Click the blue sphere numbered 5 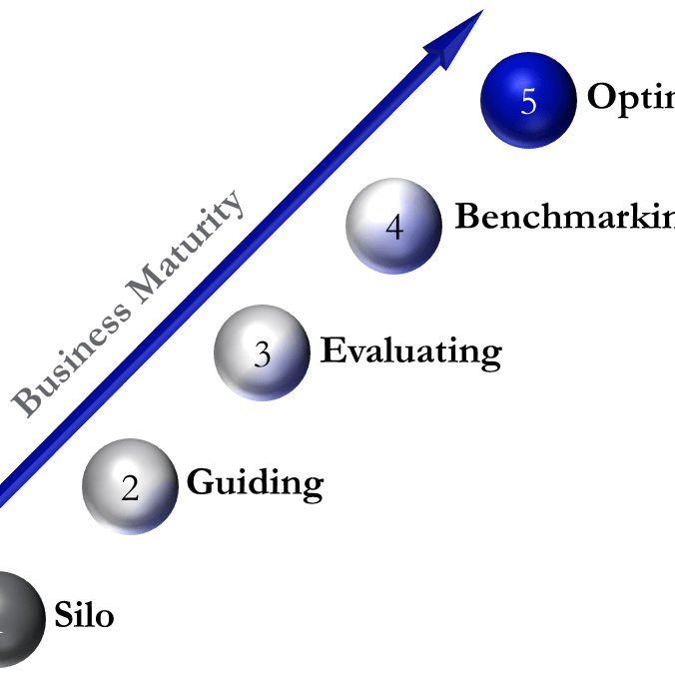tap(528, 100)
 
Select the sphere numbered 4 tap(393, 226)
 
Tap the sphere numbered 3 tap(262, 352)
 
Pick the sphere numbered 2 tap(130, 486)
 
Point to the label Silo tap(84, 616)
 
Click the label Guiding tap(255, 483)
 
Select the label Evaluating tap(410, 351)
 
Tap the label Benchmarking tap(564, 218)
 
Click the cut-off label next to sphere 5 tap(630, 98)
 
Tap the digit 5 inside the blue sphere tap(528, 102)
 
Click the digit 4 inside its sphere tap(394, 229)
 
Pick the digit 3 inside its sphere tap(262, 355)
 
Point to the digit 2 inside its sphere tap(130, 488)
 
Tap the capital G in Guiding tap(201, 482)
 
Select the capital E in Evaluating tap(334, 350)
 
